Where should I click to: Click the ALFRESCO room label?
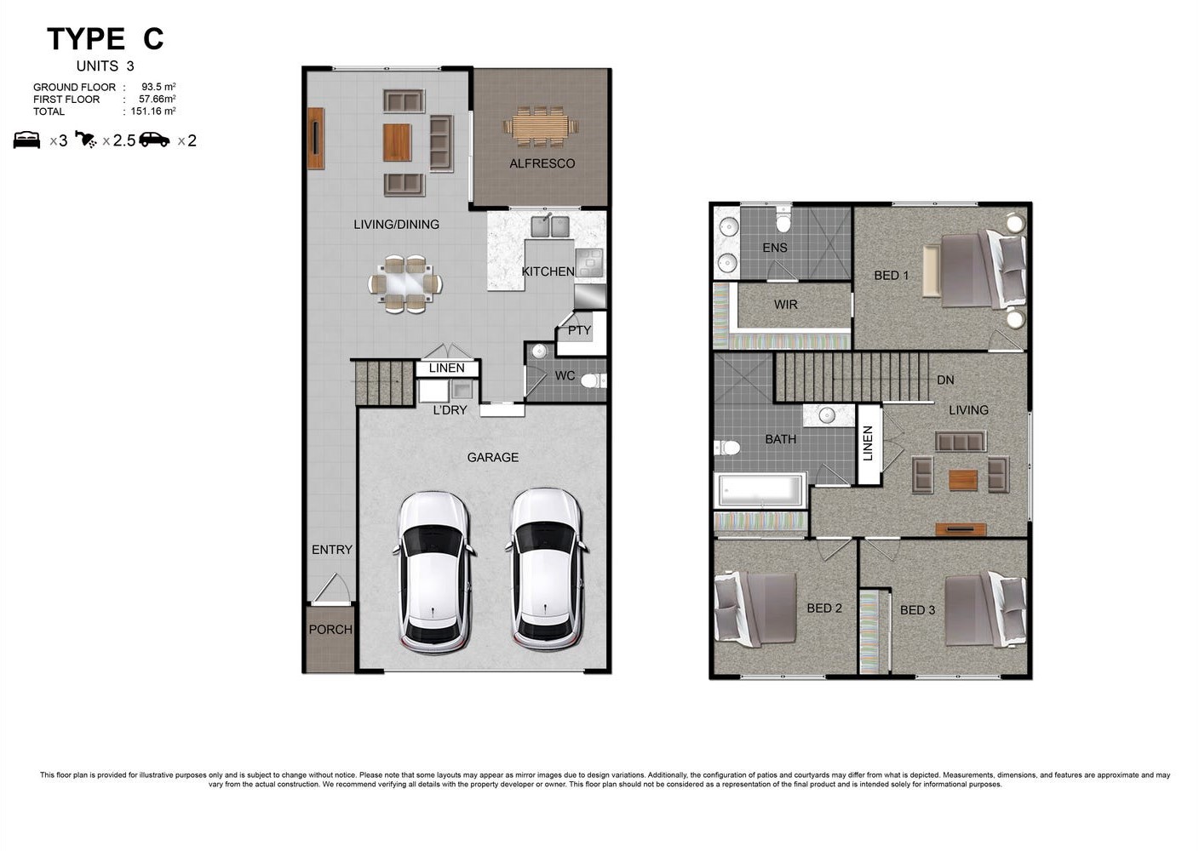542,163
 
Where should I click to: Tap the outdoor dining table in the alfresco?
541,127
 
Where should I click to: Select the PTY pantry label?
579,330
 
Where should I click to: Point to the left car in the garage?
434,572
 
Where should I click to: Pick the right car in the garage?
546,569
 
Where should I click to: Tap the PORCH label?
330,630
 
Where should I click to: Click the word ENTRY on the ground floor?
332,550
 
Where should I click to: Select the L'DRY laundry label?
450,410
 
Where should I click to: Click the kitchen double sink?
550,226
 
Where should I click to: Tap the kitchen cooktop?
589,263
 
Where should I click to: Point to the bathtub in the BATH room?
760,490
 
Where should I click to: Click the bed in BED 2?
755,608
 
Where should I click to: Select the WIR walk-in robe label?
785,305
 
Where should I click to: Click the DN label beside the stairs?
945,380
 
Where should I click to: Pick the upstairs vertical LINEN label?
869,443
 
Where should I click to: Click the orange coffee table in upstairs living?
963,480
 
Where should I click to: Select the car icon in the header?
154,140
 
